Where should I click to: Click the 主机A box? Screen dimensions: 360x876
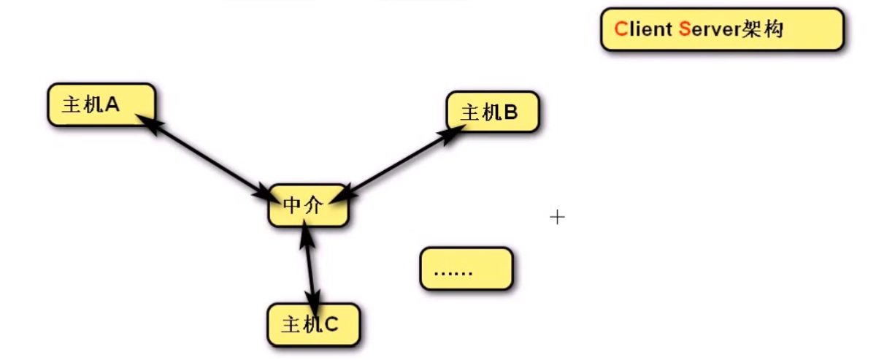point(101,104)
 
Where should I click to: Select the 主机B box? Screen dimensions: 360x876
point(492,112)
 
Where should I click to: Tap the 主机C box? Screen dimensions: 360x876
point(313,324)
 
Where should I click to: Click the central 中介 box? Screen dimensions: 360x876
point(307,205)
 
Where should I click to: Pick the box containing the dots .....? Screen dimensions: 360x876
point(466,269)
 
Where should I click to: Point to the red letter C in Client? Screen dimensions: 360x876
point(621,29)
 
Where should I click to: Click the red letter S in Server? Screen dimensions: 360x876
point(684,29)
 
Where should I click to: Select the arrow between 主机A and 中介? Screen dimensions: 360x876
point(204,157)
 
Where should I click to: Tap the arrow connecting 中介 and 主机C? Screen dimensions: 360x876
point(310,267)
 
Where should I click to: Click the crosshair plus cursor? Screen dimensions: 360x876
point(557,217)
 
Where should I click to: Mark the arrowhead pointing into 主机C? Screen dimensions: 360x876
point(314,301)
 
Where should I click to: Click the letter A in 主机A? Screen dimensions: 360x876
point(112,104)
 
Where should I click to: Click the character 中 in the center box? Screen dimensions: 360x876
point(292,206)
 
